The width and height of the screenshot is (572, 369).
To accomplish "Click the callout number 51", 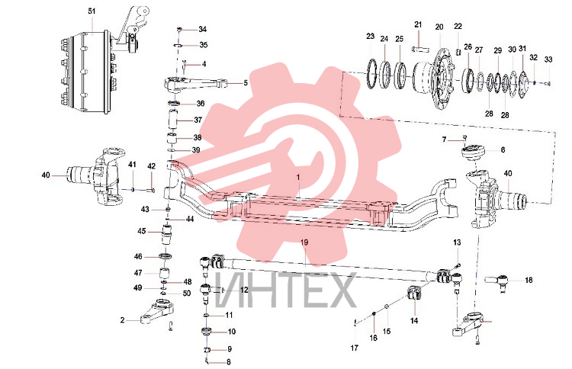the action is point(92,11).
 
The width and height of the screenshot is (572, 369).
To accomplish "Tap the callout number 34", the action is point(202,29).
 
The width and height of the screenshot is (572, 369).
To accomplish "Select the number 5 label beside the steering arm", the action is point(246,83).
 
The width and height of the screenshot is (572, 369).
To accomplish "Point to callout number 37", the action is point(198,120).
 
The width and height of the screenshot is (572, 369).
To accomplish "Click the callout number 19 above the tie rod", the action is point(304,242).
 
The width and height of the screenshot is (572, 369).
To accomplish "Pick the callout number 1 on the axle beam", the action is point(298,178).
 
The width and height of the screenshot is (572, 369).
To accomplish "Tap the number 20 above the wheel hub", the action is point(439,27).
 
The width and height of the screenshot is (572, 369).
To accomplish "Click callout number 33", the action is point(548,59).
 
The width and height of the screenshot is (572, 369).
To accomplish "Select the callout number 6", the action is point(503,150).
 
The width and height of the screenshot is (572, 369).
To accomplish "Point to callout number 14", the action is point(414,321).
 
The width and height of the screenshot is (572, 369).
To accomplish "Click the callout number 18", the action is point(529,280).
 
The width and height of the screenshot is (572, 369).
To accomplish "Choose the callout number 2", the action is point(123,320).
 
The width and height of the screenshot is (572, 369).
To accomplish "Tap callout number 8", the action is point(229,362).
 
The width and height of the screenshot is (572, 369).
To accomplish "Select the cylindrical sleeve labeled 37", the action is point(172,120).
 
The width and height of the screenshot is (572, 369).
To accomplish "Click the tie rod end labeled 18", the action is point(497,281).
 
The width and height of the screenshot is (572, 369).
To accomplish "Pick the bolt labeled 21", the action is point(420,49).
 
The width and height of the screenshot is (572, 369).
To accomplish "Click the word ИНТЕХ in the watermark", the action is point(285,290).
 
